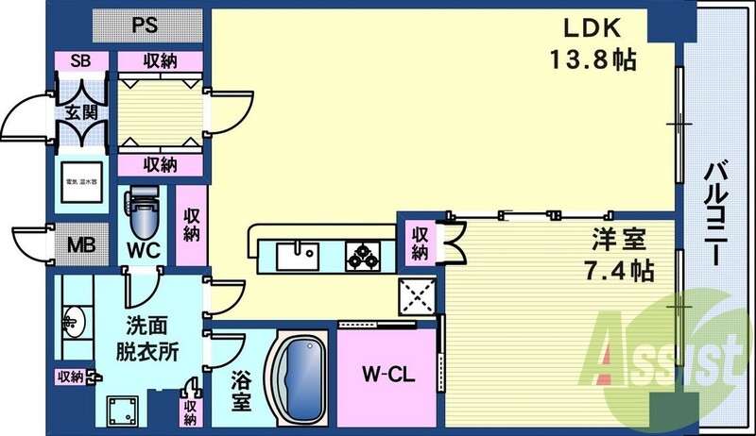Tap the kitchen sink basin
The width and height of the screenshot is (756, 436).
pyautogui.click(x=299, y=253)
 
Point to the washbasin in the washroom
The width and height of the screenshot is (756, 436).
pyautogui.click(x=73, y=320)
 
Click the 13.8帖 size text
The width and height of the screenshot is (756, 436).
pyautogui.click(x=592, y=60)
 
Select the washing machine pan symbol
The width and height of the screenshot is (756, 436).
pyautogui.click(x=123, y=409)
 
